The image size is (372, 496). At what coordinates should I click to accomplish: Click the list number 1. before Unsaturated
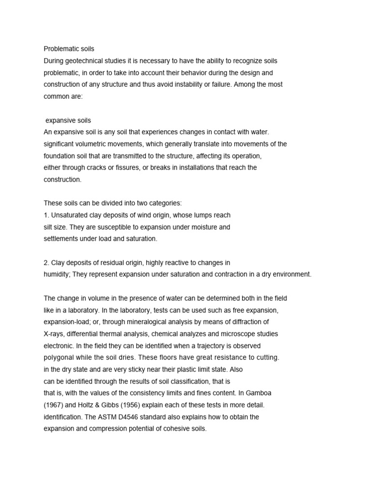pyautogui.click(x=46, y=215)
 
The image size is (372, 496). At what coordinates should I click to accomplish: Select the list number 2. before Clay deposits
pyautogui.click(x=46, y=263)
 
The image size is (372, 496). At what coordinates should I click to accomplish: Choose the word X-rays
pyautogui.click(x=54, y=334)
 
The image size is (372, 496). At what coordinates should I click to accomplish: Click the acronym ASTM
pyautogui.click(x=124, y=417)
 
